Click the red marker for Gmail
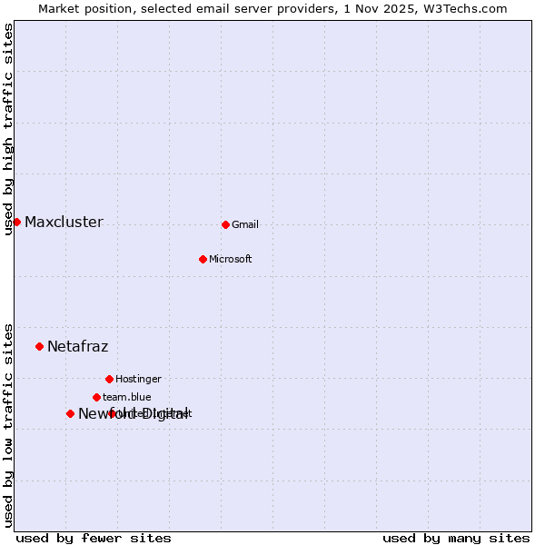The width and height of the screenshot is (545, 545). coord(225,224)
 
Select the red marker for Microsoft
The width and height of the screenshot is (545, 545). coord(203,259)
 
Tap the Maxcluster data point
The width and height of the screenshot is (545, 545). coord(16,222)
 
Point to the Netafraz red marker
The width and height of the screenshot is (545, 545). coord(39,346)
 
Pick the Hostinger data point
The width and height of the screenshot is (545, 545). coord(109,379)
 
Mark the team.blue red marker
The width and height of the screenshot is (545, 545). coord(96,397)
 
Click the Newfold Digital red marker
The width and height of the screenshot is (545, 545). coord(70,413)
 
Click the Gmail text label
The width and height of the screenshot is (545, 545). coord(245,225)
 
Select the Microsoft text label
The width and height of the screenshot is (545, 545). coord(230,260)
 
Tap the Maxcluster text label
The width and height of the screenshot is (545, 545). coord(64,223)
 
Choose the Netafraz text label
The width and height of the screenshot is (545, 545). coord(77,347)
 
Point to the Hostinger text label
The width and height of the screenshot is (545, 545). coord(138,380)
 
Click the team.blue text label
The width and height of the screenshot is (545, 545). coord(127,398)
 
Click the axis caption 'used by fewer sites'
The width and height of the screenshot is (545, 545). coord(94,539)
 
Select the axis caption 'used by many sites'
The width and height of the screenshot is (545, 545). coord(456,539)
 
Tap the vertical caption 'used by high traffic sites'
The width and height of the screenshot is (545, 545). coord(9,129)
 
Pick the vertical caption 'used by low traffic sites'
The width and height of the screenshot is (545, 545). coord(9,425)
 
